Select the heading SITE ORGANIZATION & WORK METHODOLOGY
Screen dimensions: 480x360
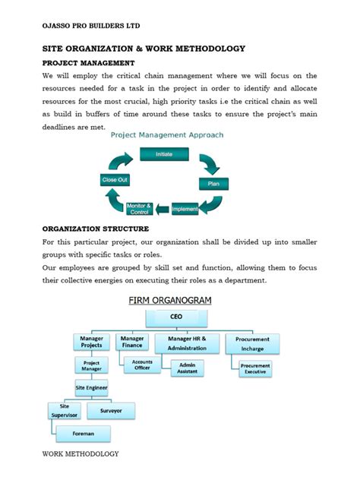coord(144,49)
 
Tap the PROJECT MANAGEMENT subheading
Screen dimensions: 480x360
coord(88,63)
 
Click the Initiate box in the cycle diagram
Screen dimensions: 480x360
coord(163,153)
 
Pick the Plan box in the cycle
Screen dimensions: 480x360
coord(213,184)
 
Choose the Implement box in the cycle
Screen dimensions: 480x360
coord(185,209)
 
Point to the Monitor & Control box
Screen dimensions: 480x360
coord(139,209)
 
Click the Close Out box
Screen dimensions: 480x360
coord(115,180)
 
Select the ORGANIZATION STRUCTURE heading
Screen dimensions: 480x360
coord(96,229)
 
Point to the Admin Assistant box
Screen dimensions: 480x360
coord(188,368)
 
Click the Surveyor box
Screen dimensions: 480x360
coord(111,411)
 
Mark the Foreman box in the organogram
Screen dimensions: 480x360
coord(83,434)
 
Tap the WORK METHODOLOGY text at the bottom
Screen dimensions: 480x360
coord(80,454)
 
